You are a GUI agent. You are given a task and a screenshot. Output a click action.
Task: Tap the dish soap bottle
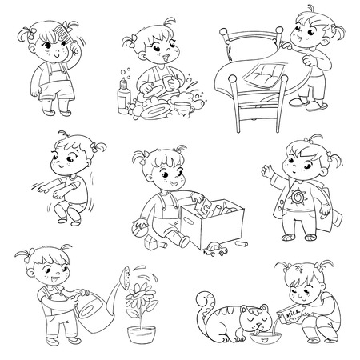click(123, 95)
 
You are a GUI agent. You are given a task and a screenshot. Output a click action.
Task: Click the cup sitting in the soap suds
click(183, 108)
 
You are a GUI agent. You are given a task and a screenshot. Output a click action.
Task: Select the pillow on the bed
click(263, 74)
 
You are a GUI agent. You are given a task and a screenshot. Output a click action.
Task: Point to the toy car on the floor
click(215, 250)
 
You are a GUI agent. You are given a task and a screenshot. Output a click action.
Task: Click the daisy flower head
click(138, 295)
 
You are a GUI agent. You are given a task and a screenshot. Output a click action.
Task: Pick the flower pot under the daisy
click(142, 334)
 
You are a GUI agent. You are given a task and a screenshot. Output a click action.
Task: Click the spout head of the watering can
click(125, 278)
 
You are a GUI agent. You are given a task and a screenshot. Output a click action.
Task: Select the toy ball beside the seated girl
click(140, 229)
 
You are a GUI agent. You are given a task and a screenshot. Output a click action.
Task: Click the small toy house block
click(150, 243)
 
